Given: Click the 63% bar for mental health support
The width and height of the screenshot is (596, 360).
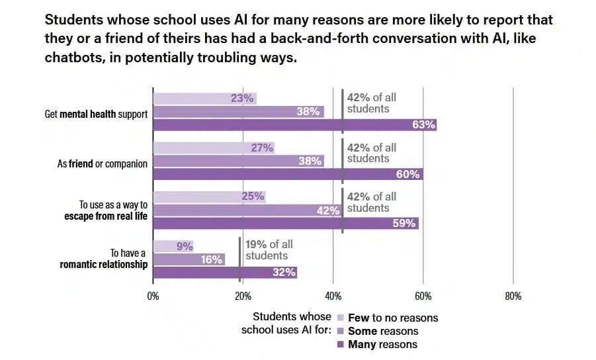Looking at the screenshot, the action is (x=295, y=124).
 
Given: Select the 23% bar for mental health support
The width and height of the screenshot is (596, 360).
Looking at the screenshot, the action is (x=205, y=99).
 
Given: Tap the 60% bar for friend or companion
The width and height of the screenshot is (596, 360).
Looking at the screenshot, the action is (x=288, y=174).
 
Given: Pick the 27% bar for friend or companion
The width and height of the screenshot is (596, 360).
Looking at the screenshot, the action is (x=214, y=148).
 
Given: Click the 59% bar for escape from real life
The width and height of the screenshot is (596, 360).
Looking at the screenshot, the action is (x=286, y=223).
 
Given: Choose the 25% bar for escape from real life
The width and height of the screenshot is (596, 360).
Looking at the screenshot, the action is (x=210, y=197).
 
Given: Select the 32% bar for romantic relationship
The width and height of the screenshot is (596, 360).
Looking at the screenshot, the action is (x=225, y=272).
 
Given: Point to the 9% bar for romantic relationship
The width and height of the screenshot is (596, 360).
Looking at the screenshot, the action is (x=173, y=246).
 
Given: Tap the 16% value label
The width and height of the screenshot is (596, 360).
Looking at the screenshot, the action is (x=212, y=259).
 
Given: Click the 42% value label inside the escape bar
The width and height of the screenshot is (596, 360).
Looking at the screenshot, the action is (x=328, y=210).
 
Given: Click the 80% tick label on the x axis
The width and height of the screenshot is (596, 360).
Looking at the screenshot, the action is (x=513, y=296).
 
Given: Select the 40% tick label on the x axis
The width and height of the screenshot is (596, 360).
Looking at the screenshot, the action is (x=333, y=296).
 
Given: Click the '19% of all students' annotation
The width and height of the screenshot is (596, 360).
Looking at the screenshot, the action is (x=269, y=249).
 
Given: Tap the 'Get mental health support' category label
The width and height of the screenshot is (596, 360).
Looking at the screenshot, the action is (x=96, y=114).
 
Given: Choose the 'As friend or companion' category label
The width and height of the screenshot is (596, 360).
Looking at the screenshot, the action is (x=103, y=164).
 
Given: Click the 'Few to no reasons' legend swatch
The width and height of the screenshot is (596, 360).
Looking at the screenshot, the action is (x=341, y=318).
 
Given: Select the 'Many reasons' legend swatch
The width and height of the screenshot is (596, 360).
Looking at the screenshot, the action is (x=341, y=344).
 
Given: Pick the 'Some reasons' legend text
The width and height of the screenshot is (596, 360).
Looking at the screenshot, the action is (x=383, y=331).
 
